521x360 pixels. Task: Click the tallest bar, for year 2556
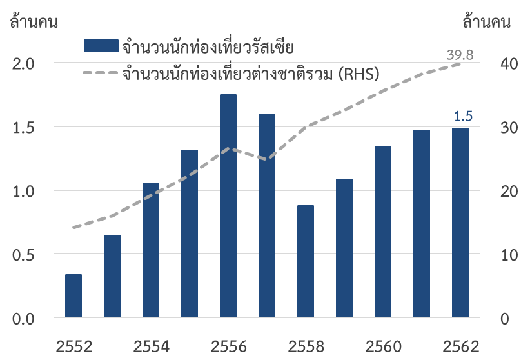click(x=228, y=206)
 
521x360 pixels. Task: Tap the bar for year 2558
click(x=306, y=261)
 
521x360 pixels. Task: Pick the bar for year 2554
click(x=151, y=250)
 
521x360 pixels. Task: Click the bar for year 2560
click(x=383, y=232)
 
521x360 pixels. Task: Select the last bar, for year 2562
click(x=460, y=223)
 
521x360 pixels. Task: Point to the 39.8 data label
click(x=460, y=55)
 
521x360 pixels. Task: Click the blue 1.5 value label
click(x=464, y=116)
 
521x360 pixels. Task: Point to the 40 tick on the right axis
click(x=500, y=64)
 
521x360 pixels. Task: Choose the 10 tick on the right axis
click(x=500, y=255)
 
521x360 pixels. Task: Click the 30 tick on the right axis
click(x=500, y=128)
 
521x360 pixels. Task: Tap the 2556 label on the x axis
click(x=229, y=346)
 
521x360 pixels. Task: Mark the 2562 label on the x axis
click(x=460, y=346)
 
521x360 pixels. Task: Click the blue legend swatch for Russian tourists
click(x=101, y=46)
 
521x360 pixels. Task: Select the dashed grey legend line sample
click(x=101, y=72)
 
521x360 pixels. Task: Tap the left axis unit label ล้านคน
click(x=34, y=22)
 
